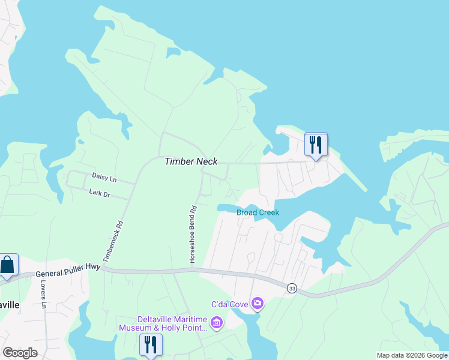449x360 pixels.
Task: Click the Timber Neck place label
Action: pos(191,161)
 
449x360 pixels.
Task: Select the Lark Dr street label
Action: pos(100,194)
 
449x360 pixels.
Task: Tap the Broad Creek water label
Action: pos(258,213)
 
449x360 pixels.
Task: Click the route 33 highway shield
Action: pos(292,288)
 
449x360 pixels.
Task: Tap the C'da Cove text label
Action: pos(229,305)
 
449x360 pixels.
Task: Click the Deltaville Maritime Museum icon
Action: pos(217,324)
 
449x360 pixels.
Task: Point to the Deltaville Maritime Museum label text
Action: pos(172,323)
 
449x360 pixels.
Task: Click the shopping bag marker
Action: pos(8,265)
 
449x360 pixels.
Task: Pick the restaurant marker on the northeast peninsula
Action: pos(316,144)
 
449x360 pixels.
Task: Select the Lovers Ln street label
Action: pos(43,295)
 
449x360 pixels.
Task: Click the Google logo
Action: pos(20,352)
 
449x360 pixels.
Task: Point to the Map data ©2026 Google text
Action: pos(412,355)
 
